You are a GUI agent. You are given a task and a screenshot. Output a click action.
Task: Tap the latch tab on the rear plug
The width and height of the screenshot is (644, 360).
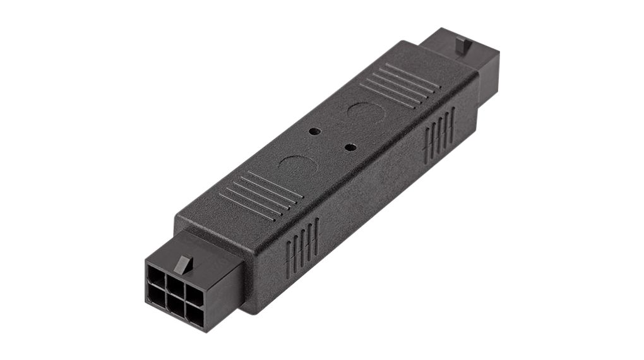pyautogui.click(x=463, y=44)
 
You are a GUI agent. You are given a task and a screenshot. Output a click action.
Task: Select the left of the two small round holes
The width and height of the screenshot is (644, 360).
pyautogui.click(x=314, y=131)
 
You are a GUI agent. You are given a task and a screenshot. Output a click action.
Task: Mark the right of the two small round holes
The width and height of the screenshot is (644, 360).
pyautogui.click(x=350, y=147)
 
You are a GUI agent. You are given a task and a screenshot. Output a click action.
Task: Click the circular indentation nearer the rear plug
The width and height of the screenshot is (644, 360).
pyautogui.click(x=367, y=114)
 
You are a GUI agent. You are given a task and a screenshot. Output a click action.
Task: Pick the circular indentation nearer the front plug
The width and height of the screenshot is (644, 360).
pyautogui.click(x=298, y=166)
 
